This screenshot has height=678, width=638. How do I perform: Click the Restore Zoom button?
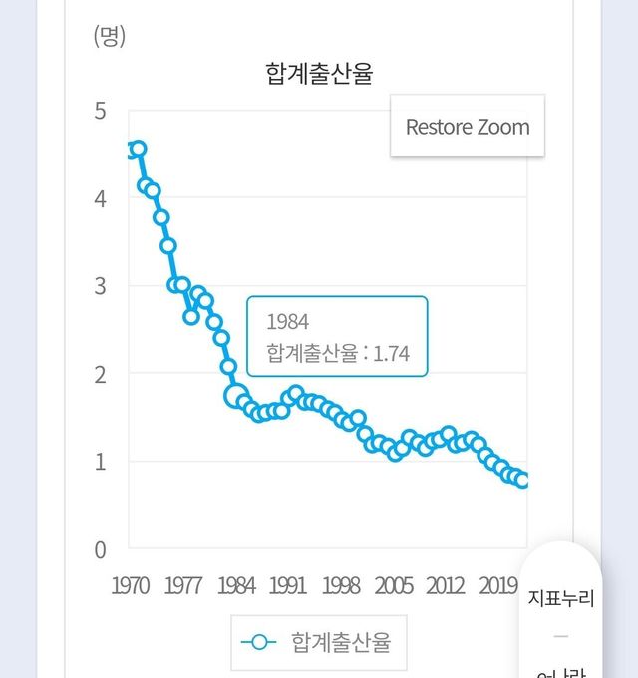[x=468, y=127]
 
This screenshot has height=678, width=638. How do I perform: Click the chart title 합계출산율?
[x=319, y=74]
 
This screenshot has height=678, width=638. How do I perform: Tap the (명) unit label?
[x=110, y=37]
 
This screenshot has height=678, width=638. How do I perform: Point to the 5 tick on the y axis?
[x=100, y=111]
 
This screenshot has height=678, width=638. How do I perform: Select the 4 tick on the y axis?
[x=100, y=198]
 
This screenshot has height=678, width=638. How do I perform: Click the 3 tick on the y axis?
[x=100, y=286]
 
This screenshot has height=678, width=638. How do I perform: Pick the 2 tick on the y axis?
[x=100, y=374]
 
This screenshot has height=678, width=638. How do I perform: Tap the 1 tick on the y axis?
[x=100, y=462]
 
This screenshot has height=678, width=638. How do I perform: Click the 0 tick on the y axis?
[x=100, y=549]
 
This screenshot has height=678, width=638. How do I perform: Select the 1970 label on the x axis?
[x=131, y=585]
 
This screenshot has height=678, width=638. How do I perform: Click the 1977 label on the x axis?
[x=183, y=585]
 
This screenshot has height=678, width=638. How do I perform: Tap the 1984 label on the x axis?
[x=236, y=585]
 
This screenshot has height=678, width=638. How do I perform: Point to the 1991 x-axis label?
[x=289, y=585]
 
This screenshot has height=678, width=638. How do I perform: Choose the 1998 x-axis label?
[x=342, y=585]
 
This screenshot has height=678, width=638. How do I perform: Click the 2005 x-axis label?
[x=395, y=585]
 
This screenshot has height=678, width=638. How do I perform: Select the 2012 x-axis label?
[x=445, y=585]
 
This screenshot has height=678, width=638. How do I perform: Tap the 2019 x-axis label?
[x=496, y=585]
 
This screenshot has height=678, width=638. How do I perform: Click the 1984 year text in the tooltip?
[x=288, y=321]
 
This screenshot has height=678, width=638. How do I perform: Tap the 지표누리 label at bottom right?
[x=560, y=599]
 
